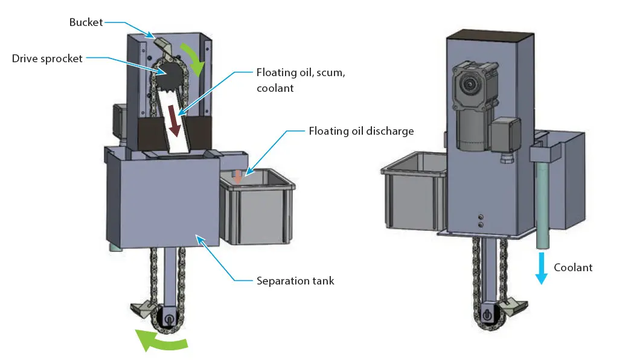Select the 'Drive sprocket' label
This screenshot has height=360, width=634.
tap(47, 59)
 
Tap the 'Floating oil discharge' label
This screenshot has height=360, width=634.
tap(361, 130)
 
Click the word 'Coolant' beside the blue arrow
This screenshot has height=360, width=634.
tap(574, 267)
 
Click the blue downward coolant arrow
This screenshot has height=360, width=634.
tap(541, 268)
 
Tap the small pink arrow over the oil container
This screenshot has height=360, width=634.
tap(239, 176)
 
